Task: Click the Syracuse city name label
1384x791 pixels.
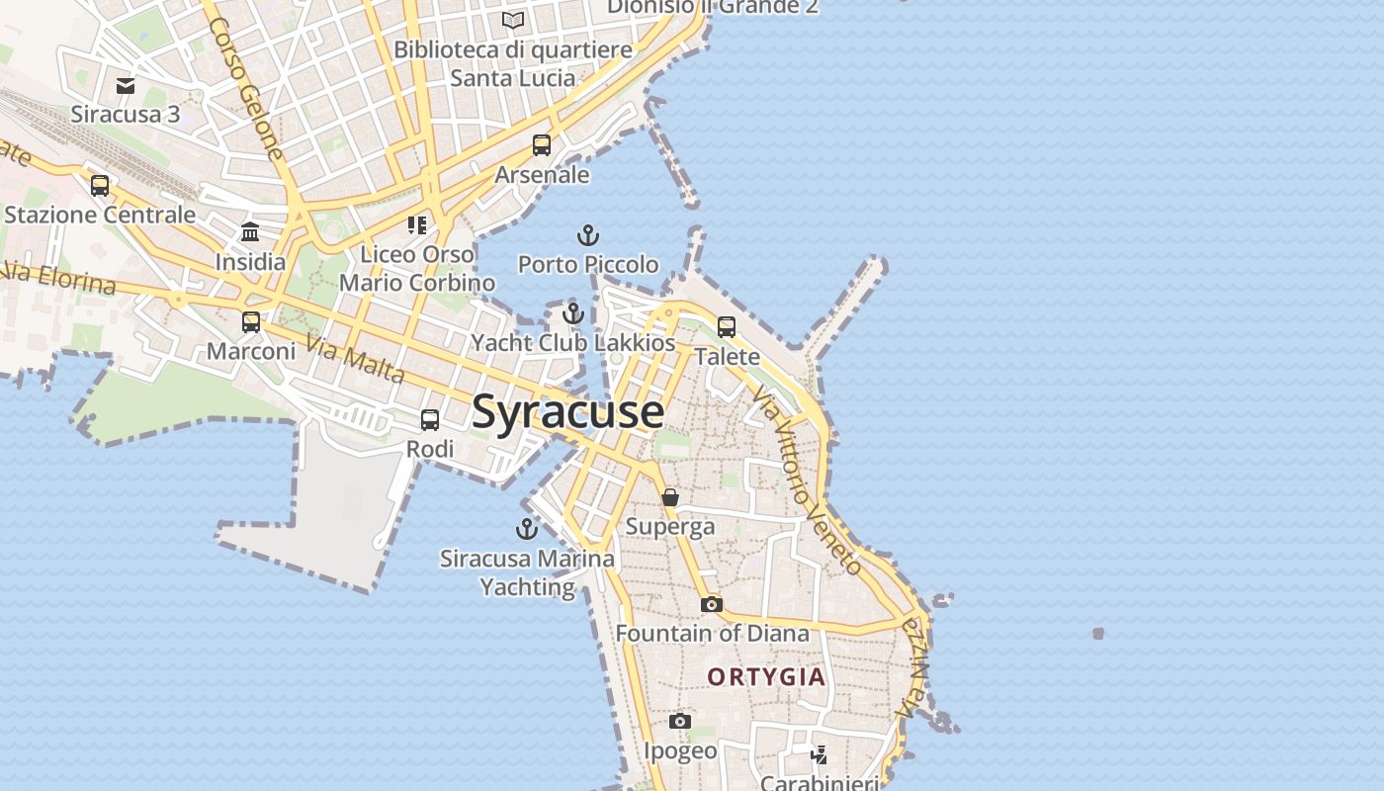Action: pyautogui.click(x=567, y=411)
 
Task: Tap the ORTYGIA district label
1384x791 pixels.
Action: pyautogui.click(x=766, y=677)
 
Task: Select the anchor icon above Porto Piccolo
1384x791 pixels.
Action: pyautogui.click(x=588, y=235)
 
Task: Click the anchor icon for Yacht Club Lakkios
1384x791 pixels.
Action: pyautogui.click(x=573, y=314)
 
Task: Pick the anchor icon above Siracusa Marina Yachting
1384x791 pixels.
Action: pyautogui.click(x=527, y=529)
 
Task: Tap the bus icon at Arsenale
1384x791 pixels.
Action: pyautogui.click(x=542, y=145)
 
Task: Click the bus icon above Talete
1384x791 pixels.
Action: pyautogui.click(x=727, y=327)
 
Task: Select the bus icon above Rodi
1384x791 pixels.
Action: pyautogui.click(x=430, y=420)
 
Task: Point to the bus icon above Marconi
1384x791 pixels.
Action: pyautogui.click(x=251, y=322)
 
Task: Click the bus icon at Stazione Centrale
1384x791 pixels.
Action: pyautogui.click(x=100, y=186)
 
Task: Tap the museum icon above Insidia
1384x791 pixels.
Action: pyautogui.click(x=250, y=232)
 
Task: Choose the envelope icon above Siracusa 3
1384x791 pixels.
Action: pyautogui.click(x=126, y=86)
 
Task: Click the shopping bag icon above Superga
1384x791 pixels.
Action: pyautogui.click(x=670, y=496)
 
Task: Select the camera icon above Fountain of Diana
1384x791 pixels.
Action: pyautogui.click(x=712, y=604)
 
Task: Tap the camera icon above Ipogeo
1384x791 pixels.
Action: pyautogui.click(x=679, y=722)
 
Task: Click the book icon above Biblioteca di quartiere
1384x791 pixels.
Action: pyautogui.click(x=512, y=20)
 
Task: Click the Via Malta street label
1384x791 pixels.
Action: pyautogui.click(x=356, y=359)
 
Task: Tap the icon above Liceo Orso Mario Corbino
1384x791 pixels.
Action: pyautogui.click(x=417, y=225)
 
